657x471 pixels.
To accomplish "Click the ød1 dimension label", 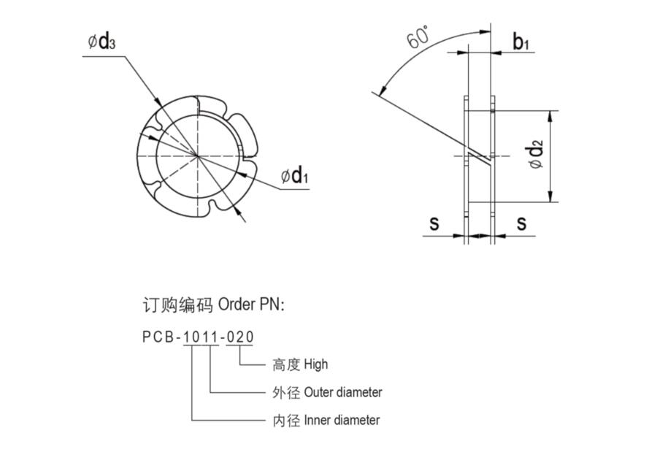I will (295, 175).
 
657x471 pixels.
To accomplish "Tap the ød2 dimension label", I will (537, 156).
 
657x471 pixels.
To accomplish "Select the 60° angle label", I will (418, 36).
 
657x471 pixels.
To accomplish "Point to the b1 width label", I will (520, 42).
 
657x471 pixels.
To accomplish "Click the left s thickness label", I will (434, 223).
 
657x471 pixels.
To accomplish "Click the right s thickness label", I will (521, 223).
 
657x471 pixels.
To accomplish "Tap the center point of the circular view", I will (198, 156).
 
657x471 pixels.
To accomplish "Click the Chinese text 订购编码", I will (177, 305).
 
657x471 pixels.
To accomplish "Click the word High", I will (317, 364).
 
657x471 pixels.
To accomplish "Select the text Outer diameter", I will (343, 392).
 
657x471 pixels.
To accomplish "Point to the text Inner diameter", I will (342, 420).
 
